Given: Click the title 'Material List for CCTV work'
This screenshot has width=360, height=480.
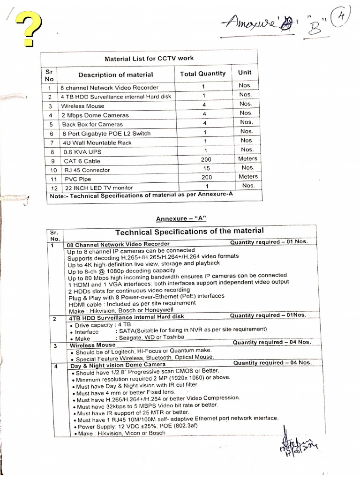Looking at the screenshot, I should pos(149,59).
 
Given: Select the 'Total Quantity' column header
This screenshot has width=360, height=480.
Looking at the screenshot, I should pos(202,74).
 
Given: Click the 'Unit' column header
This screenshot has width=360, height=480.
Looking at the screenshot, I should pos(245,72).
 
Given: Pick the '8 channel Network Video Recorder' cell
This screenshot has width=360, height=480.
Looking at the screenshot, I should pos(109,88).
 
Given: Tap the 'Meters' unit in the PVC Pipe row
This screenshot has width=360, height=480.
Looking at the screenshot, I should pos(247,177).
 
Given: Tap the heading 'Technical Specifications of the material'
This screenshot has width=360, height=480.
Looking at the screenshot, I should pos(189,231).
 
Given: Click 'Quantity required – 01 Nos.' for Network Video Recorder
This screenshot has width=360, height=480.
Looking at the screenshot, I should pos(269,242).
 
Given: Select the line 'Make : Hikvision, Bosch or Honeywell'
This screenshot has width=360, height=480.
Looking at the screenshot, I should pos(120,310).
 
